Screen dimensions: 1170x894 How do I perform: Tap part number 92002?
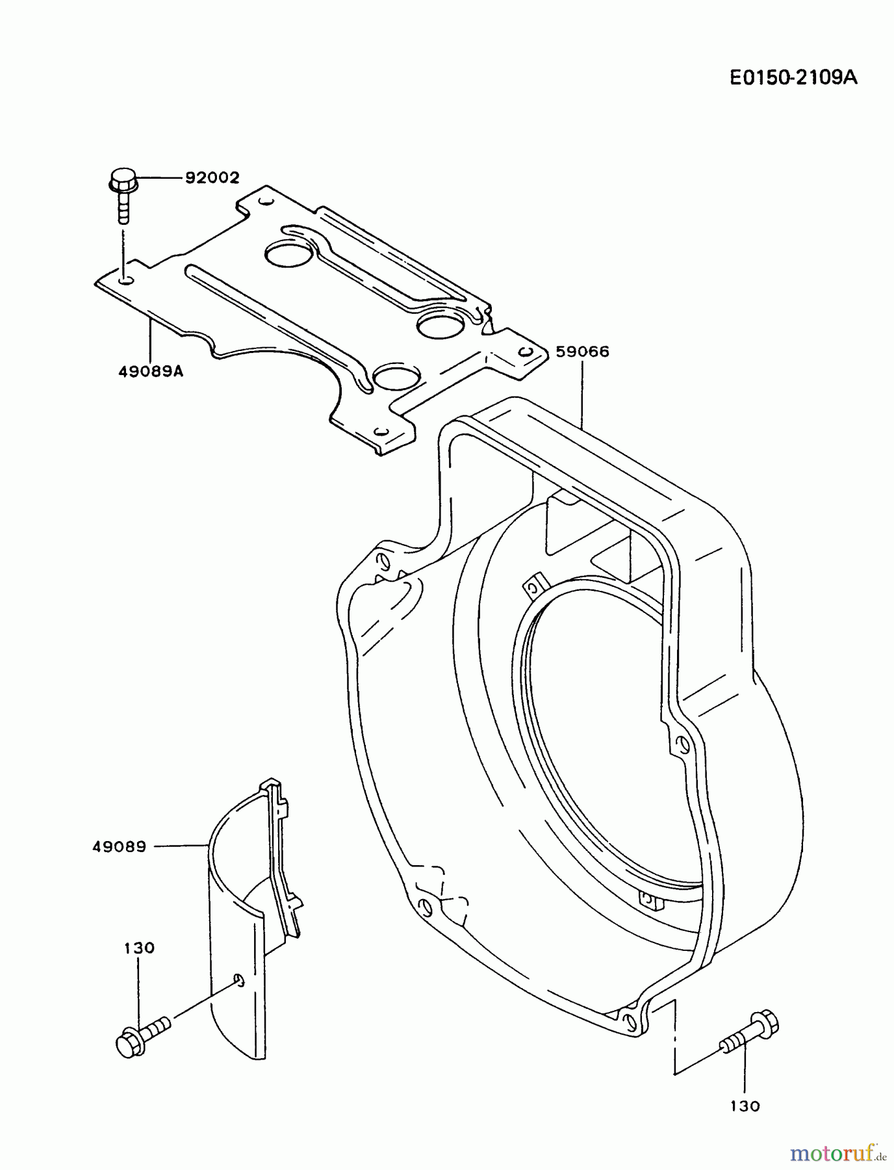click(x=212, y=177)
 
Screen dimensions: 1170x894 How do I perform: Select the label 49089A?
click(x=151, y=372)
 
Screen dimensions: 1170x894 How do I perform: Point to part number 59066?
click(x=582, y=352)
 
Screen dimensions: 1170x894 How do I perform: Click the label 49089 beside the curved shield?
click(x=120, y=846)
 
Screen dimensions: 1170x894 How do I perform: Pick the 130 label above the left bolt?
click(x=139, y=948)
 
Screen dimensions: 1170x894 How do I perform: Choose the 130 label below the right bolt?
click(x=745, y=1106)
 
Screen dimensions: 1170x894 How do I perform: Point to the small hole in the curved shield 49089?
click(x=238, y=980)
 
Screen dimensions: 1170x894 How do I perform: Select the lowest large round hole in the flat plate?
click(x=396, y=376)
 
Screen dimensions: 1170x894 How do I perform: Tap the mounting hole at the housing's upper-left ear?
click(x=383, y=560)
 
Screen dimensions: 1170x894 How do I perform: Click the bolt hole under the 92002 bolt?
click(x=127, y=279)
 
